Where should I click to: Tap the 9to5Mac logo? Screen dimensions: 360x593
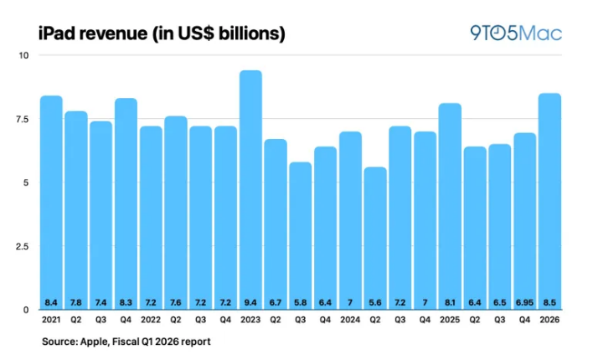pos(515,33)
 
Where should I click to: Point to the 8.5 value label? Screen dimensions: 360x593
pos(549,301)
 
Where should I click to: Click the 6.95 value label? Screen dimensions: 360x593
pos(524,301)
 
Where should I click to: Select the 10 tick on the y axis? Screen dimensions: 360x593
pos(23,55)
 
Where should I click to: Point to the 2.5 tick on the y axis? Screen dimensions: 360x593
pos(21,246)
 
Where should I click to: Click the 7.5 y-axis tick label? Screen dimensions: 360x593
pos(21,119)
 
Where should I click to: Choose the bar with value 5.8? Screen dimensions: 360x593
pos(300,234)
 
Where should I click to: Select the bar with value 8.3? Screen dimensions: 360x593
pos(126,201)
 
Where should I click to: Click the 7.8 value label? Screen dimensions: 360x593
pos(75,301)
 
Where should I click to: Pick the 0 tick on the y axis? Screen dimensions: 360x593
pos(25,310)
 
